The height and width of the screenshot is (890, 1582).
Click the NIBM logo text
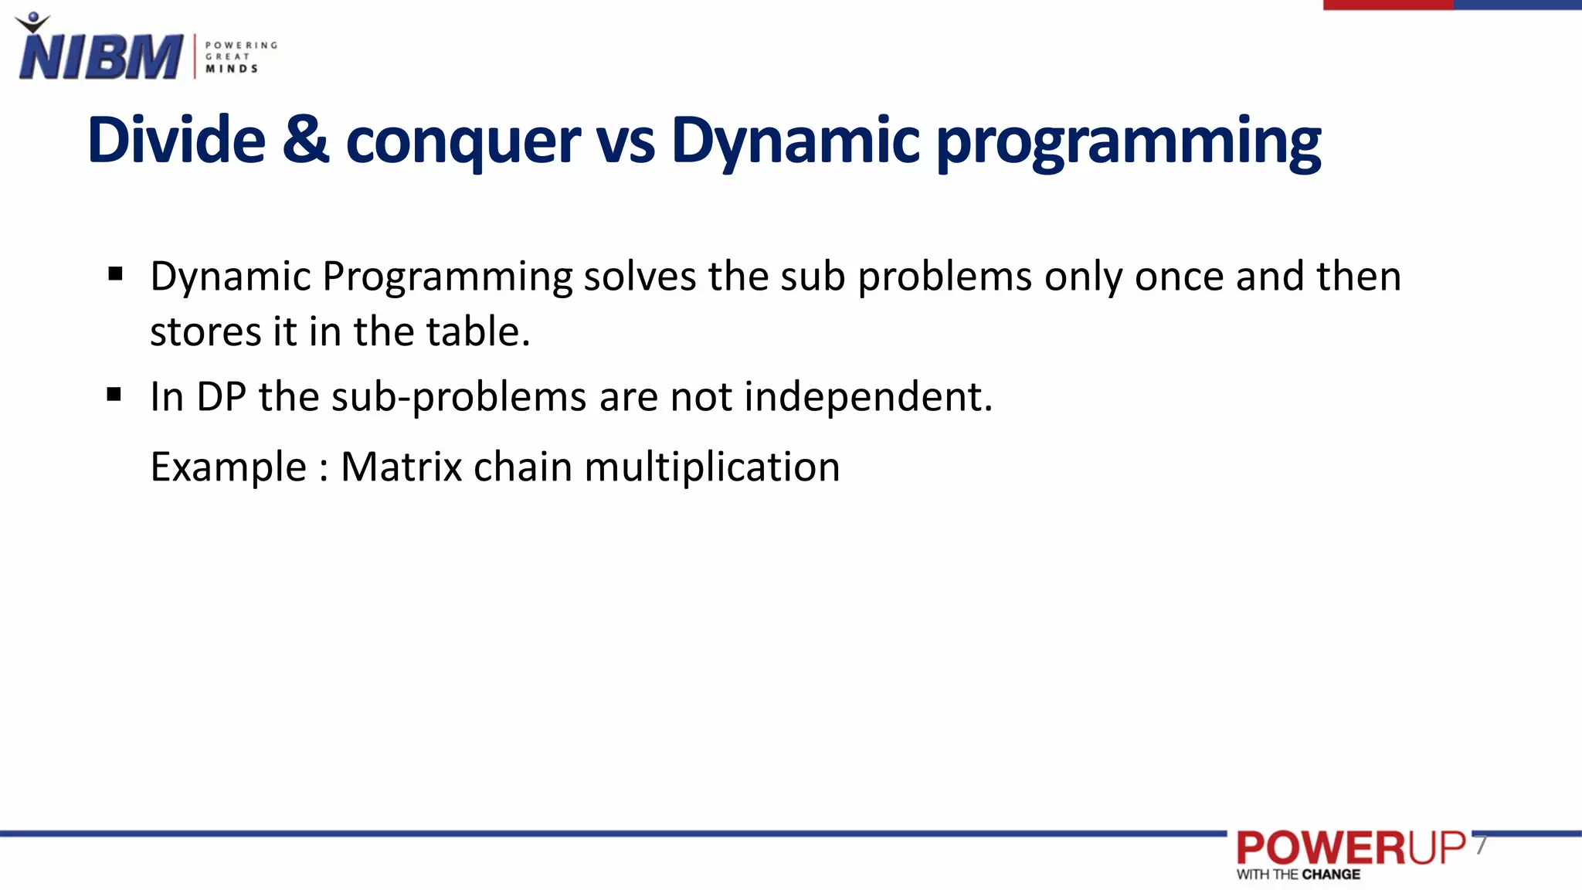(x=100, y=56)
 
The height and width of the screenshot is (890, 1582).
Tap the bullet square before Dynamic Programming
(x=116, y=273)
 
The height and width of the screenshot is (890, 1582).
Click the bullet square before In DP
(x=114, y=395)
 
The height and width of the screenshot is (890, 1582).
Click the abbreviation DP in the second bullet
(x=221, y=397)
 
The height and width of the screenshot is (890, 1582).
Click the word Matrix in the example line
(x=401, y=467)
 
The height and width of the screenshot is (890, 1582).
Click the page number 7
(x=1480, y=846)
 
